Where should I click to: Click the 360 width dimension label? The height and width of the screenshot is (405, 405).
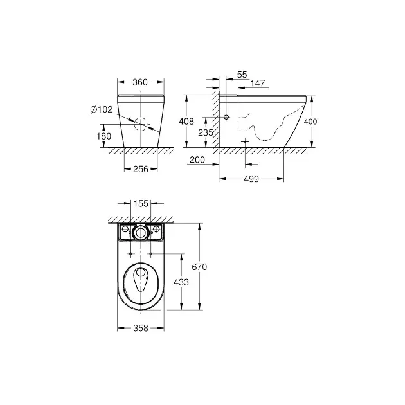pos(140,82)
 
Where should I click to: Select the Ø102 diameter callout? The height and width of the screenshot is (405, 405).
pos(102,109)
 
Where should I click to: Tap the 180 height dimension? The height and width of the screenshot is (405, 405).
pos(104,136)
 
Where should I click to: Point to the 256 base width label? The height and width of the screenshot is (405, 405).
pos(141,169)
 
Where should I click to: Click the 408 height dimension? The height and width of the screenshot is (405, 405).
pos(186,121)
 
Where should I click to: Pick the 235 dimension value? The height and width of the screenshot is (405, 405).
pos(206,132)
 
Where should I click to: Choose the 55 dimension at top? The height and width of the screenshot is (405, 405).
pos(242,75)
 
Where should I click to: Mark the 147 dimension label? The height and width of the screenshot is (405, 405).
pos(258,83)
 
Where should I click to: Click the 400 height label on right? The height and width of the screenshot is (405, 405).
pos(310,122)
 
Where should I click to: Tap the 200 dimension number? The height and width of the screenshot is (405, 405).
pos(197,160)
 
